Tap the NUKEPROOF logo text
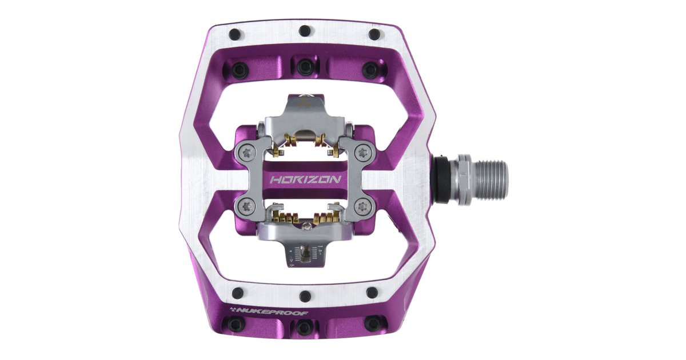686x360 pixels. pyautogui.click(x=263, y=311)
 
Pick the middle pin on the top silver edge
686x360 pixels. pyautogui.click(x=305, y=31)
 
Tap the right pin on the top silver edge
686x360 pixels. pyautogui.click(x=374, y=34)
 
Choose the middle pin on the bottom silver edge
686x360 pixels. pyautogui.click(x=305, y=296)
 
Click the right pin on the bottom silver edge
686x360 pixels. pyautogui.click(x=373, y=293)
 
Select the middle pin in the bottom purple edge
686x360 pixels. pyautogui.click(x=305, y=327)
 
